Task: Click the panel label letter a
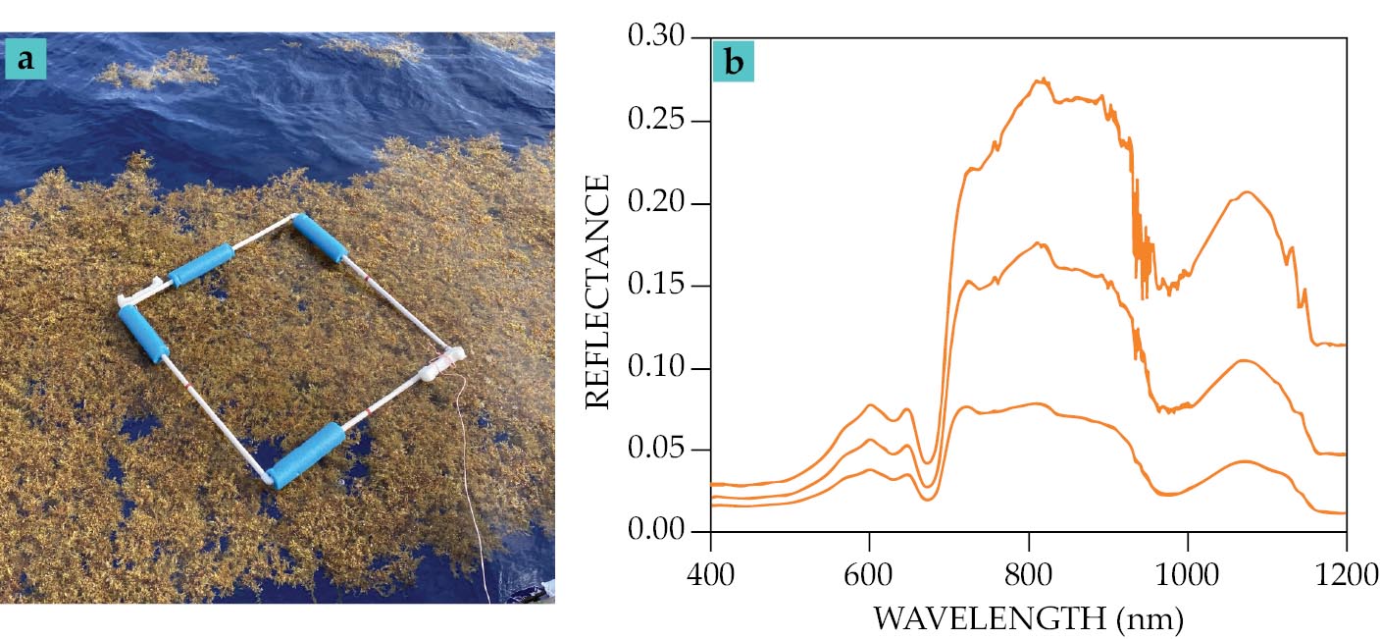pyautogui.click(x=26, y=61)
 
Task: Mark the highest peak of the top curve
pyautogui.click(x=1043, y=80)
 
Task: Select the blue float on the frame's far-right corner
pyautogui.click(x=321, y=238)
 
